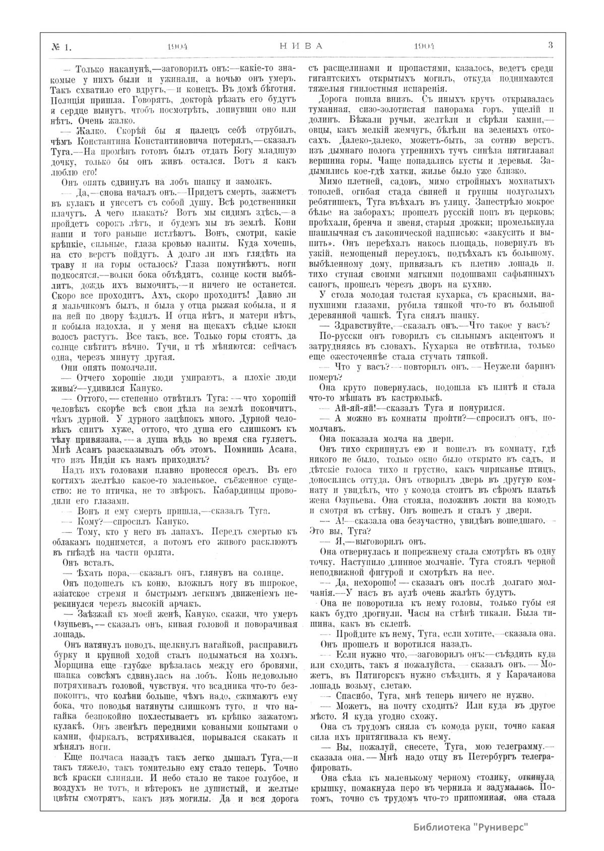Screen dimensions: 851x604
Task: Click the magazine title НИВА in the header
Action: tap(301, 45)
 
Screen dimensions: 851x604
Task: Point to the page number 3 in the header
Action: tap(551, 45)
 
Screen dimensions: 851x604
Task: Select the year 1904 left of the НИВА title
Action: tap(177, 46)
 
